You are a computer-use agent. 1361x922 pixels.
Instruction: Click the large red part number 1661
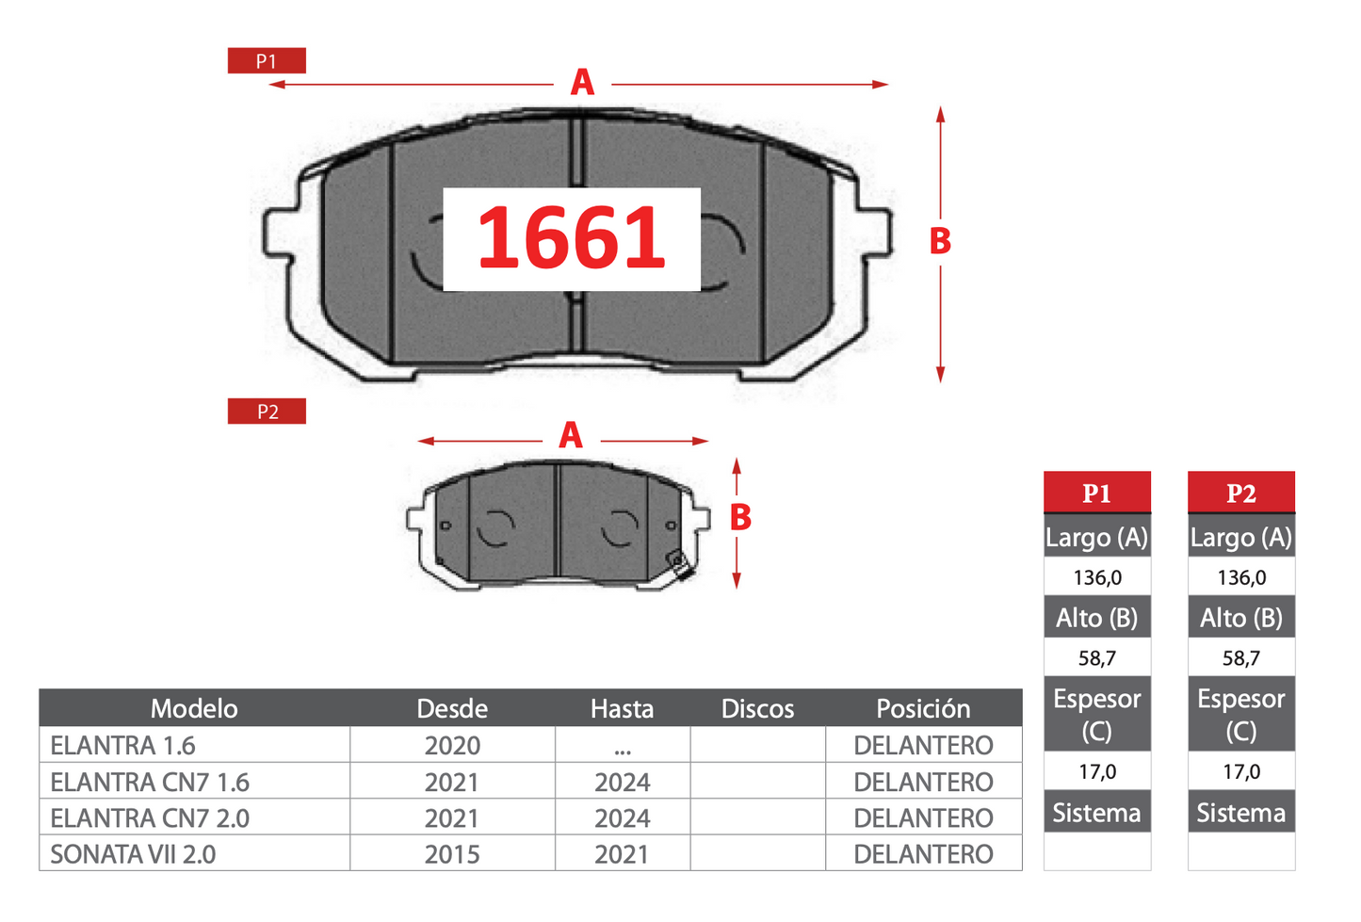tap(571, 237)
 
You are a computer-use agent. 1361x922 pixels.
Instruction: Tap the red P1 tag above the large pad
tap(267, 60)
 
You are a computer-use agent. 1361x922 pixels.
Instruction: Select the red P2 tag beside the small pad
tap(267, 412)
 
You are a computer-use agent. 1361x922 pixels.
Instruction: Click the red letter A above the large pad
tap(582, 82)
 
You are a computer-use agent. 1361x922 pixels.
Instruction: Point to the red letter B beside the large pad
tap(940, 240)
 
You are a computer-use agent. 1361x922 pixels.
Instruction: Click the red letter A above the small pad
tap(571, 435)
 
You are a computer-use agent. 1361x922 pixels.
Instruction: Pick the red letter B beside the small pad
tap(740, 517)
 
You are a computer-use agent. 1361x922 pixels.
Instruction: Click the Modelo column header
tap(194, 708)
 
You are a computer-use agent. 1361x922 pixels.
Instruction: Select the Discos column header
tap(757, 708)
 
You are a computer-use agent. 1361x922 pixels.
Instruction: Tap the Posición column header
tap(923, 708)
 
